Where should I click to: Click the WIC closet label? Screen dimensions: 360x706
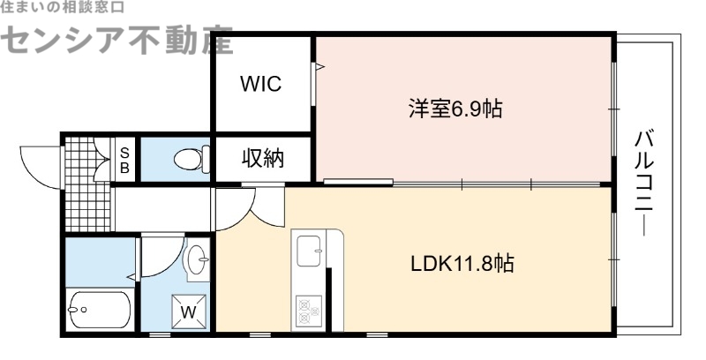261,85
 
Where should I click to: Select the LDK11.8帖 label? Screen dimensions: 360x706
463,262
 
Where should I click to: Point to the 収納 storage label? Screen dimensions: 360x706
263,160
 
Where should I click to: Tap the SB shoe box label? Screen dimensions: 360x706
124,159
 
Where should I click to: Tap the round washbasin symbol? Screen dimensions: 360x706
199,258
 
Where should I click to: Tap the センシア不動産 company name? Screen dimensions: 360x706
119,38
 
